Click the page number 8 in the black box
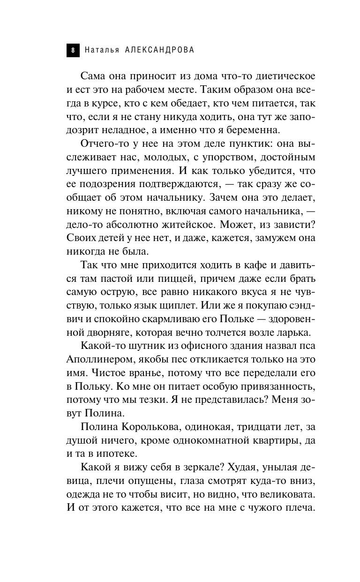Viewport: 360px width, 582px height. (73, 50)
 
